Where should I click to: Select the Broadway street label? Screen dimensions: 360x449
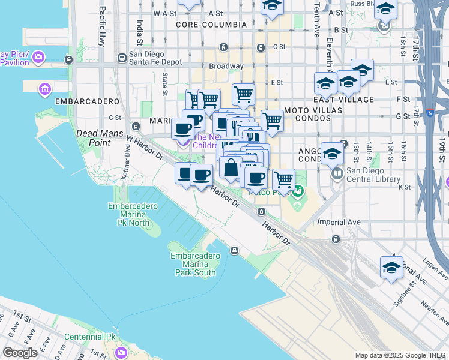tap(226, 66)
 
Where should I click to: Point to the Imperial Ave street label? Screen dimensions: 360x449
tap(339, 222)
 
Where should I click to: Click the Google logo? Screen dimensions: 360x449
tap(20, 353)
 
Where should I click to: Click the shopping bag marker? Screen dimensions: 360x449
tap(231, 168)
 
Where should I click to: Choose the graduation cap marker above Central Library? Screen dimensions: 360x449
tap(332, 154)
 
